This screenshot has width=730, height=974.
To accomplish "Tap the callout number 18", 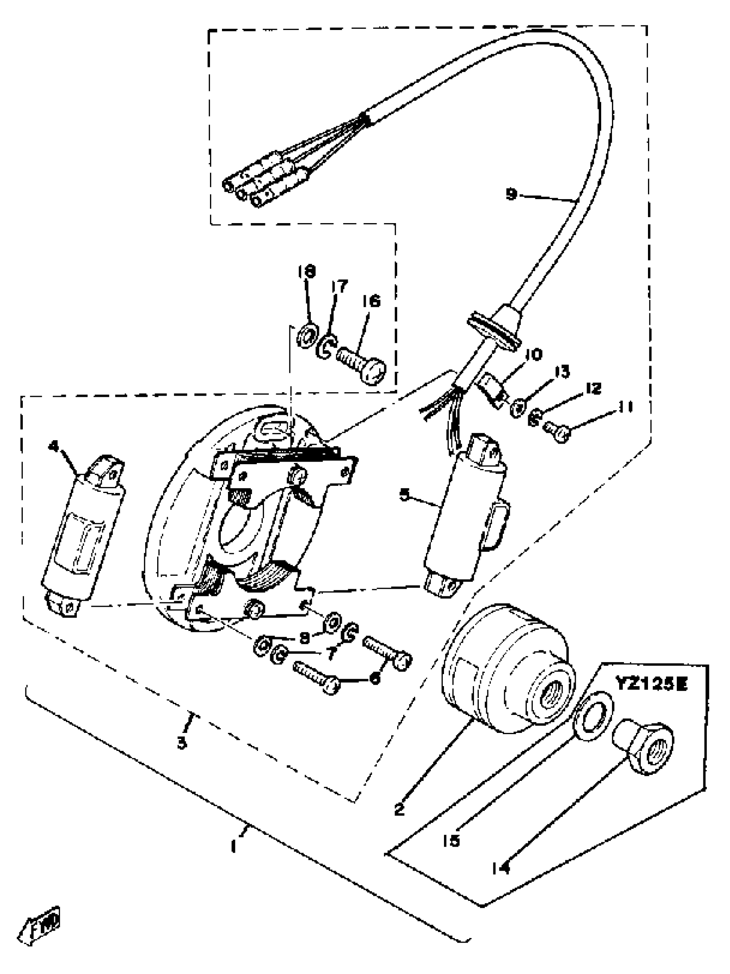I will pyautogui.click(x=307, y=271).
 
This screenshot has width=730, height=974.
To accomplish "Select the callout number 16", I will pyautogui.click(x=371, y=301).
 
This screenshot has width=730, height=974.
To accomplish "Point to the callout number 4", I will pyautogui.click(x=54, y=447).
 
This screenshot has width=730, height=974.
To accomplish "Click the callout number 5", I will pyautogui.click(x=404, y=494).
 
